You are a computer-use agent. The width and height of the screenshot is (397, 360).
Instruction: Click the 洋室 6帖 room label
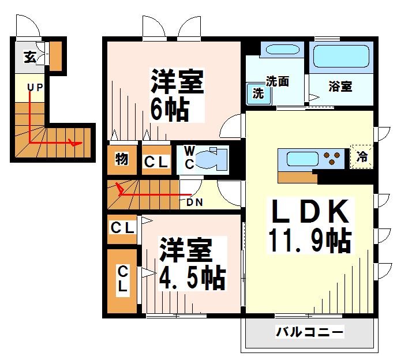(177, 95)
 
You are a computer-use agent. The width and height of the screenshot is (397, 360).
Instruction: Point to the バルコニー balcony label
(309, 332)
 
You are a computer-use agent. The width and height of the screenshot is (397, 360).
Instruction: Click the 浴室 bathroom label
(340, 87)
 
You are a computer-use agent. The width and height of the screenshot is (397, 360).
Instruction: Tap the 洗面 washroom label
(277, 81)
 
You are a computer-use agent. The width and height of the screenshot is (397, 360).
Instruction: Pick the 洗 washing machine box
(258, 93)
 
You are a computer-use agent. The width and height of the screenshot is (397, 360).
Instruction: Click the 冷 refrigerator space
(362, 156)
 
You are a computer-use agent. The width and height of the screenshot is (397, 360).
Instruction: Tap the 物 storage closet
(121, 160)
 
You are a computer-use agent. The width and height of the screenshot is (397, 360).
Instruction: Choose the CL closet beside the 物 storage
(155, 162)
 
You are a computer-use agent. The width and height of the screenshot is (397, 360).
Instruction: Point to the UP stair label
(36, 88)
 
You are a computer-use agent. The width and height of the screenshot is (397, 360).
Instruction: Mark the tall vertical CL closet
(123, 279)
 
